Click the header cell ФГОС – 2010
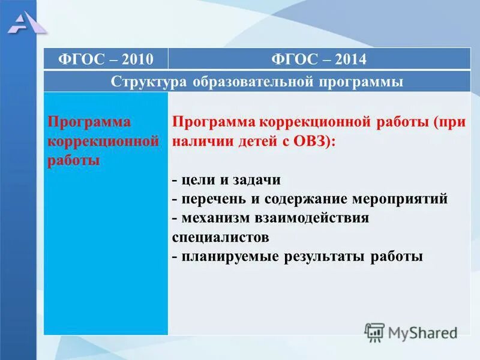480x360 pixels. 106,59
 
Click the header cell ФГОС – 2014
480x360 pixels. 319,59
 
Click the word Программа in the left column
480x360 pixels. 89,122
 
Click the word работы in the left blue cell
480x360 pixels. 73,161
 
